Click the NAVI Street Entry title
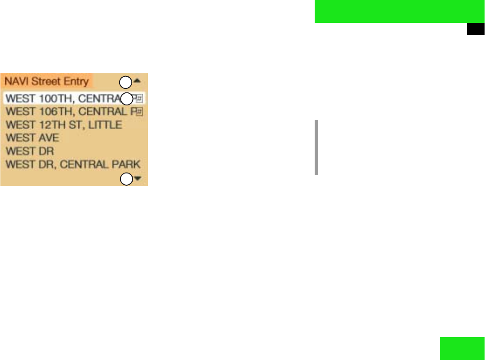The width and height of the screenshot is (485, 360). coord(47,81)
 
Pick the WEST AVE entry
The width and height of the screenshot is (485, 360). coord(33,138)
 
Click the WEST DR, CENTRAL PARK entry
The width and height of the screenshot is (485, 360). coord(73,164)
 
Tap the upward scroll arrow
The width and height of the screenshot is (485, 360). coord(137,81)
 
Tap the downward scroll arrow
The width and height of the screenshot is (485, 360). coord(138,178)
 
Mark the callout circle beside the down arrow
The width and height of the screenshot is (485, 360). coord(126,179)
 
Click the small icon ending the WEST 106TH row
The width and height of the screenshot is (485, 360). coord(140,112)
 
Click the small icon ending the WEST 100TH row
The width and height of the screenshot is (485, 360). coord(140,98)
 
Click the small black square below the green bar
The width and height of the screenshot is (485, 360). coord(475,29)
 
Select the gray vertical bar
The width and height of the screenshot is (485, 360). coord(317,147)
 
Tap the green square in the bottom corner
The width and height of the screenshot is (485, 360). coord(462,348)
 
